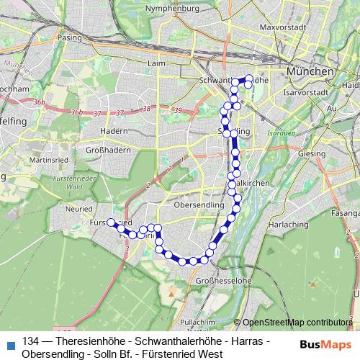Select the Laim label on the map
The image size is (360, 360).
coord(156,63)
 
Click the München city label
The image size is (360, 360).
coord(310,72)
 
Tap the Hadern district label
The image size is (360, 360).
coord(114,131)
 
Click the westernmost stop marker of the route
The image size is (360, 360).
coord(112,222)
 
